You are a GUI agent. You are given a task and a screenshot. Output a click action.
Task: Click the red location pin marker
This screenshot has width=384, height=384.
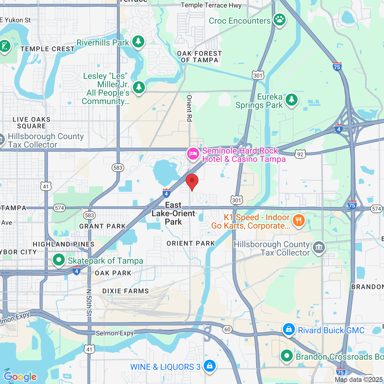tap(192, 181)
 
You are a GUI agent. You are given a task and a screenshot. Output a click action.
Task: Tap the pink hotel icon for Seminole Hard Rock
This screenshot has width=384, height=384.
tap(193, 154)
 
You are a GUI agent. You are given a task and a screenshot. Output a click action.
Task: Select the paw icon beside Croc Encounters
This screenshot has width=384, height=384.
tap(280, 20)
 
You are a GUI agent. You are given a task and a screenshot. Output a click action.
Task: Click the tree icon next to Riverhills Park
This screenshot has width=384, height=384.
tap(138, 42)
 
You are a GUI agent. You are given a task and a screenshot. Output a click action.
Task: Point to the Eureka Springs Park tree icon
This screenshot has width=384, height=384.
tap(291, 100)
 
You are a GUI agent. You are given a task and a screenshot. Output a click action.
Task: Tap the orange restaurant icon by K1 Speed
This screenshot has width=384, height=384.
tap(298, 221)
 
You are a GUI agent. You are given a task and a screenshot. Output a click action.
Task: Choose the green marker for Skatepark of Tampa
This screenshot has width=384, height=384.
tap(59, 260)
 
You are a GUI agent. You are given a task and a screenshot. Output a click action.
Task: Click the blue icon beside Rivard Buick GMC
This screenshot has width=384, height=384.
tap(289, 329)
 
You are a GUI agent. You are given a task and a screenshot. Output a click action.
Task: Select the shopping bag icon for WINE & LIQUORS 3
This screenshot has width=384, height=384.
tap(209, 366)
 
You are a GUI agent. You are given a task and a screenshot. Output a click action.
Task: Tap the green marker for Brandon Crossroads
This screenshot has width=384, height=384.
tap(286, 356)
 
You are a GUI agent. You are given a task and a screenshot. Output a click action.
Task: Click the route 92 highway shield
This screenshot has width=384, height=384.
tap(300, 154)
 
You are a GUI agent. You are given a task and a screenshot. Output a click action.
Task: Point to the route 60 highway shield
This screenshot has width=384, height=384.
tap(227, 329)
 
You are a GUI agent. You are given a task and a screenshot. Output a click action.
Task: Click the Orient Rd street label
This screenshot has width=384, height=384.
tap(189, 108)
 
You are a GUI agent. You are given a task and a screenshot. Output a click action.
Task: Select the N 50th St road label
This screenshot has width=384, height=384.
tap(89, 302)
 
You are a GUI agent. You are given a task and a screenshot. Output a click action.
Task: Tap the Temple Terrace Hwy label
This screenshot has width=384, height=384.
tap(211, 5)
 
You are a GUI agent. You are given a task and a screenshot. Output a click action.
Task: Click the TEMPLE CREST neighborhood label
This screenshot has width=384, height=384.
tap(47, 49)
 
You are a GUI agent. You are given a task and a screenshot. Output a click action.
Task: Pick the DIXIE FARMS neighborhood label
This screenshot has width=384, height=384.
tap(125, 291)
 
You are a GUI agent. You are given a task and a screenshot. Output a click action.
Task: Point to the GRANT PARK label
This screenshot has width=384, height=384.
tap(103, 226)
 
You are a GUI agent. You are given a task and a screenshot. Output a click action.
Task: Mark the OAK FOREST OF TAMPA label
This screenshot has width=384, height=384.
tap(199, 57)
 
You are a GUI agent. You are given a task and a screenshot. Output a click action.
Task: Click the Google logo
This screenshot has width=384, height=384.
tap(20, 377)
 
